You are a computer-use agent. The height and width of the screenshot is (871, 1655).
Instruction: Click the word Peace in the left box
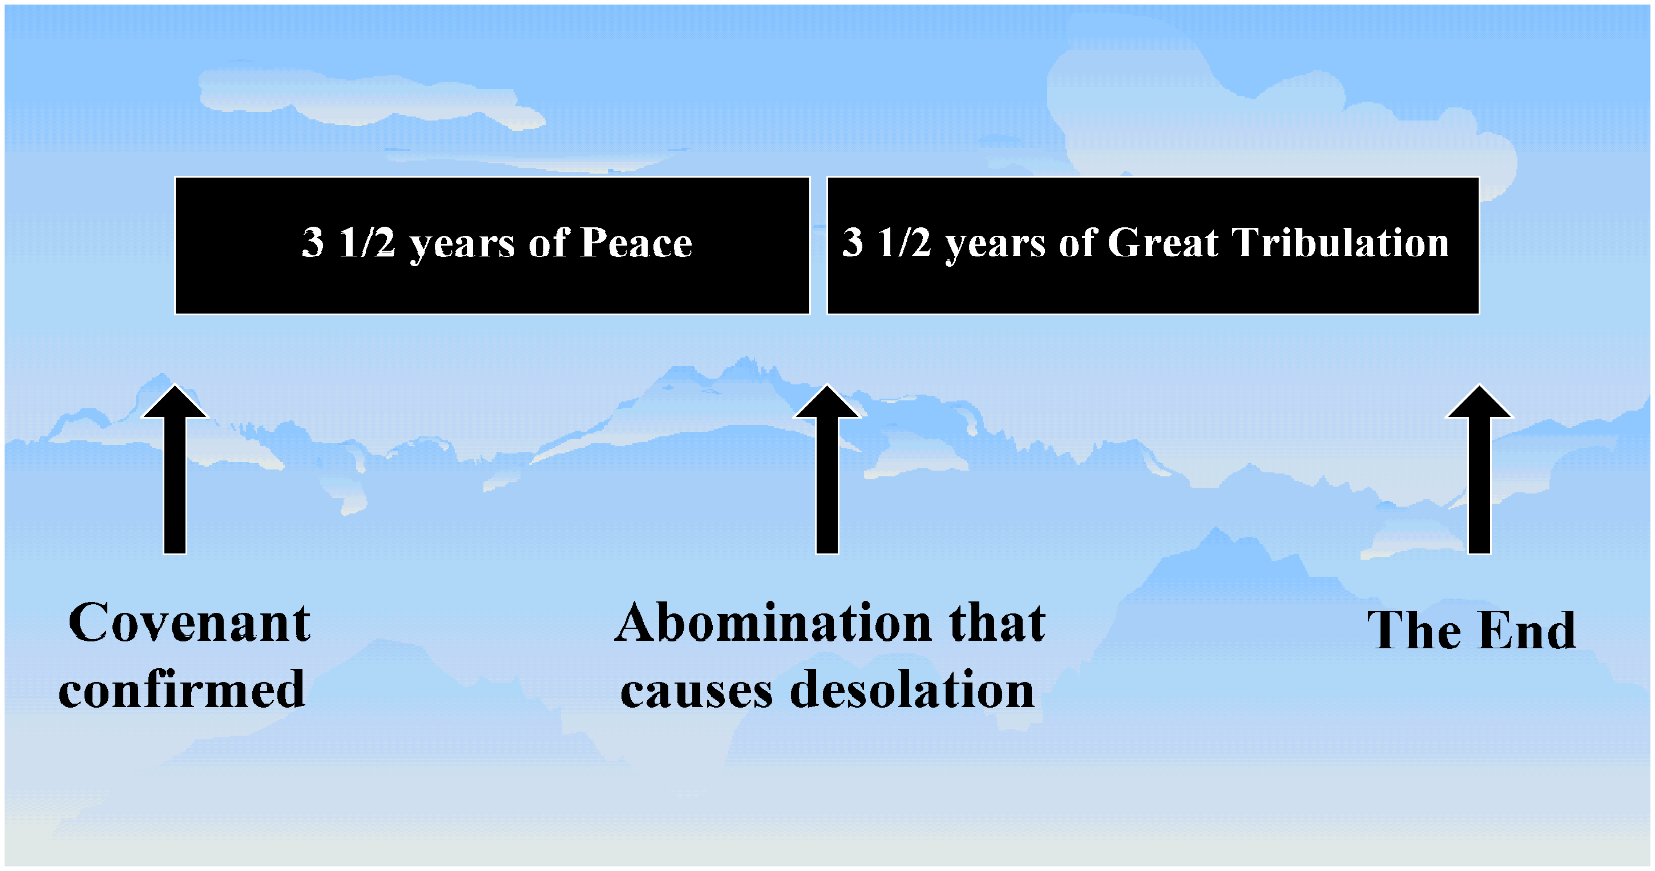(636, 242)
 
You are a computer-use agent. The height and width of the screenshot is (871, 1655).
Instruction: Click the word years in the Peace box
(463, 246)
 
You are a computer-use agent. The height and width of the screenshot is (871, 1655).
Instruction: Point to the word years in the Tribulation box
(995, 246)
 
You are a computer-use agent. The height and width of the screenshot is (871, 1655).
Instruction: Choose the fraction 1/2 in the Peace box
(367, 242)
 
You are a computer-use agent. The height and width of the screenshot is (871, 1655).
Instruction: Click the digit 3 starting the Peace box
(313, 242)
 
